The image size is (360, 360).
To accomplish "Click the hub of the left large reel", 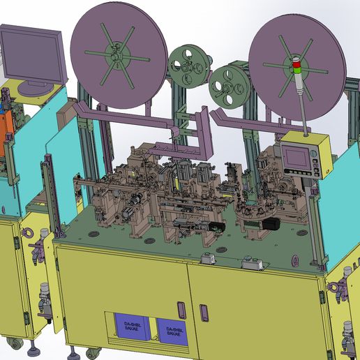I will [114, 54].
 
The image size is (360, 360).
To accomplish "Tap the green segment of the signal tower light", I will [299, 70].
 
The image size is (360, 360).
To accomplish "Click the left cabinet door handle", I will [182, 308].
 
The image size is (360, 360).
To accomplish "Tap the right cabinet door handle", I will [204, 311].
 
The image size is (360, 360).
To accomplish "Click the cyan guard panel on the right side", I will [343, 209].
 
